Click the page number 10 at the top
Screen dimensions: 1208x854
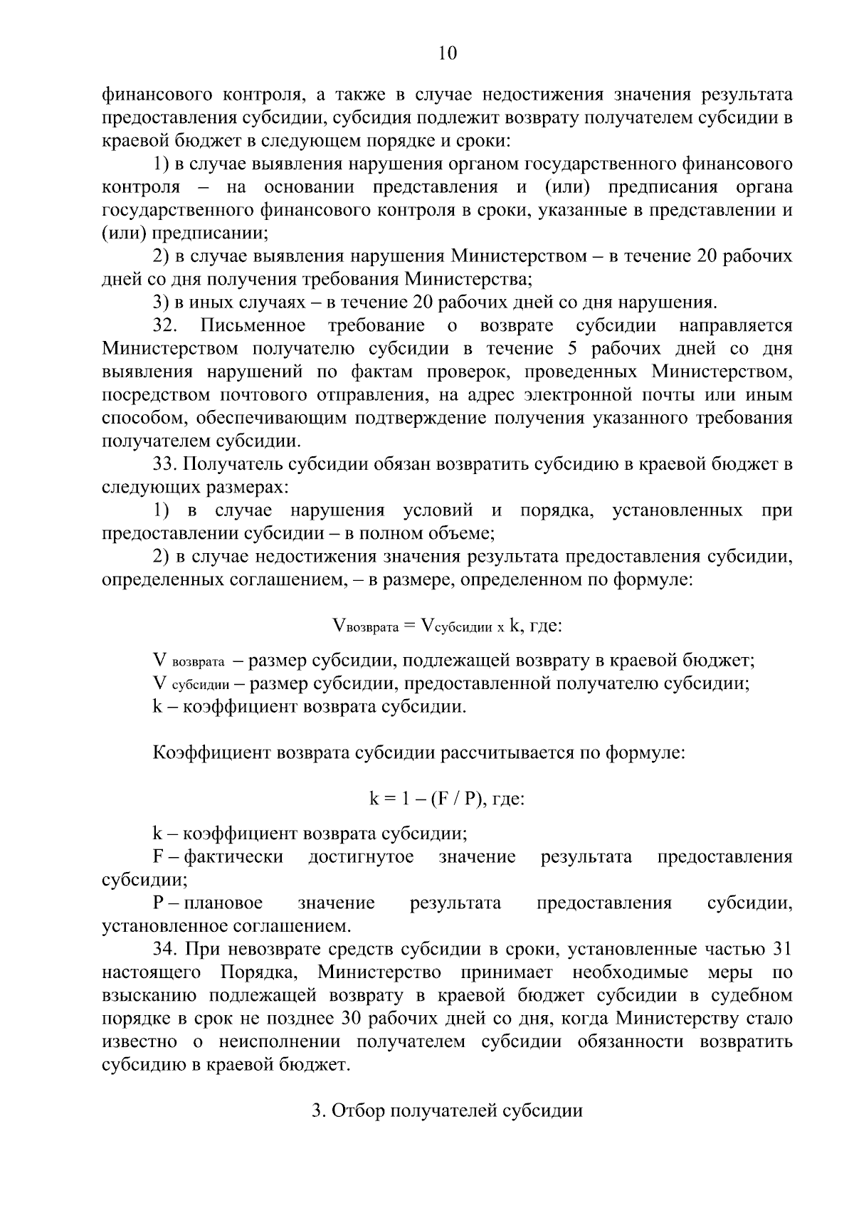pyautogui.click(x=448, y=54)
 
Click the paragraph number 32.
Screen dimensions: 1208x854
pyautogui.click(x=166, y=326)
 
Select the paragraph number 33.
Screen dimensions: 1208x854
pyautogui.click(x=166, y=465)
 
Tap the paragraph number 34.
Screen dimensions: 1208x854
pyautogui.click(x=166, y=949)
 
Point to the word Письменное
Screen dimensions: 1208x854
pyautogui.click(x=253, y=326)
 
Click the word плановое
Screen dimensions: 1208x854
pyautogui.click(x=223, y=903)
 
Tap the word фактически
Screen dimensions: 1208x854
pyautogui.click(x=233, y=857)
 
